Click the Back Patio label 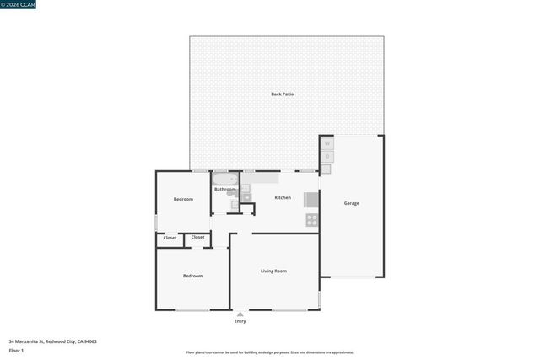[282, 94]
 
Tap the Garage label [351, 203]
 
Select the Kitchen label [283, 197]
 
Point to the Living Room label [273, 271]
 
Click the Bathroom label [224, 189]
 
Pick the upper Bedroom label [183, 199]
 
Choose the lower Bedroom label [192, 276]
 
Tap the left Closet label [170, 238]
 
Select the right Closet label [197, 237]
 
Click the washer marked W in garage [327, 143]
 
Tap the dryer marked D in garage [327, 156]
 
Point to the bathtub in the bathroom [225, 178]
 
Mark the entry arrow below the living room [240, 314]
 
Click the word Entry [240, 321]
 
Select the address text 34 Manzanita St [52, 341]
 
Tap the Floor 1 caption [16, 350]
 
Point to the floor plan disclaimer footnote [270, 352]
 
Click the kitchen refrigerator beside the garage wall [311, 200]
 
